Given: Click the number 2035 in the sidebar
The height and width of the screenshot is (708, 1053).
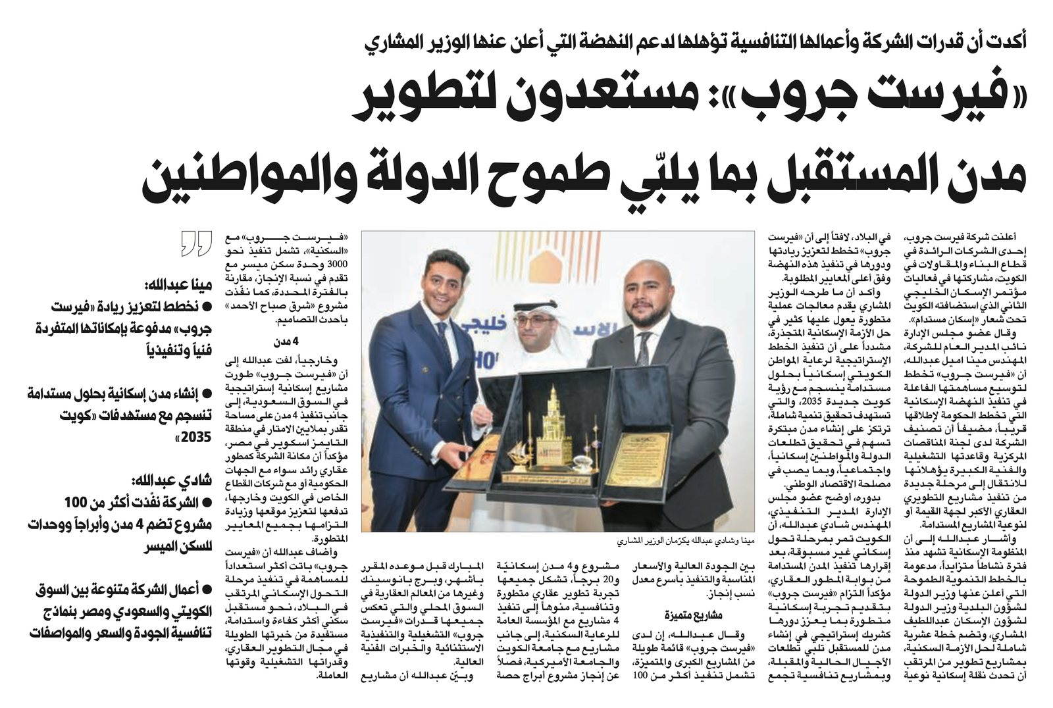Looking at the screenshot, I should [196, 436].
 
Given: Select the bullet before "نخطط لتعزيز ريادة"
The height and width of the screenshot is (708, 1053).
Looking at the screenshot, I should [207, 306].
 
